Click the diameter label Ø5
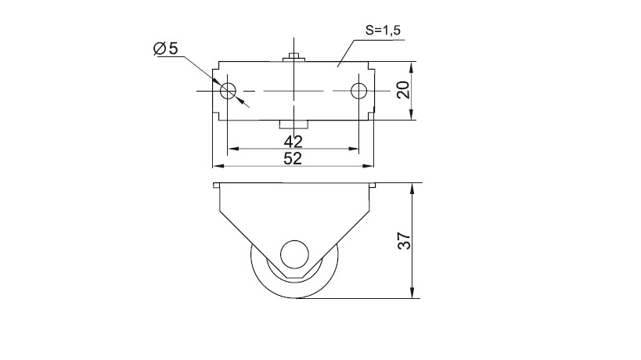click(x=166, y=49)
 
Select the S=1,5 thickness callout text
click(x=383, y=31)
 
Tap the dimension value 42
click(x=293, y=142)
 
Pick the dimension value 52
click(x=293, y=159)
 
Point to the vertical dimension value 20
click(x=404, y=90)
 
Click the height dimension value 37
click(x=404, y=241)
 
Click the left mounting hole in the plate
click(x=228, y=91)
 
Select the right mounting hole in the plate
click(x=359, y=91)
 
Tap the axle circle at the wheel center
click(x=294, y=254)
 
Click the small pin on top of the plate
click(x=294, y=57)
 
